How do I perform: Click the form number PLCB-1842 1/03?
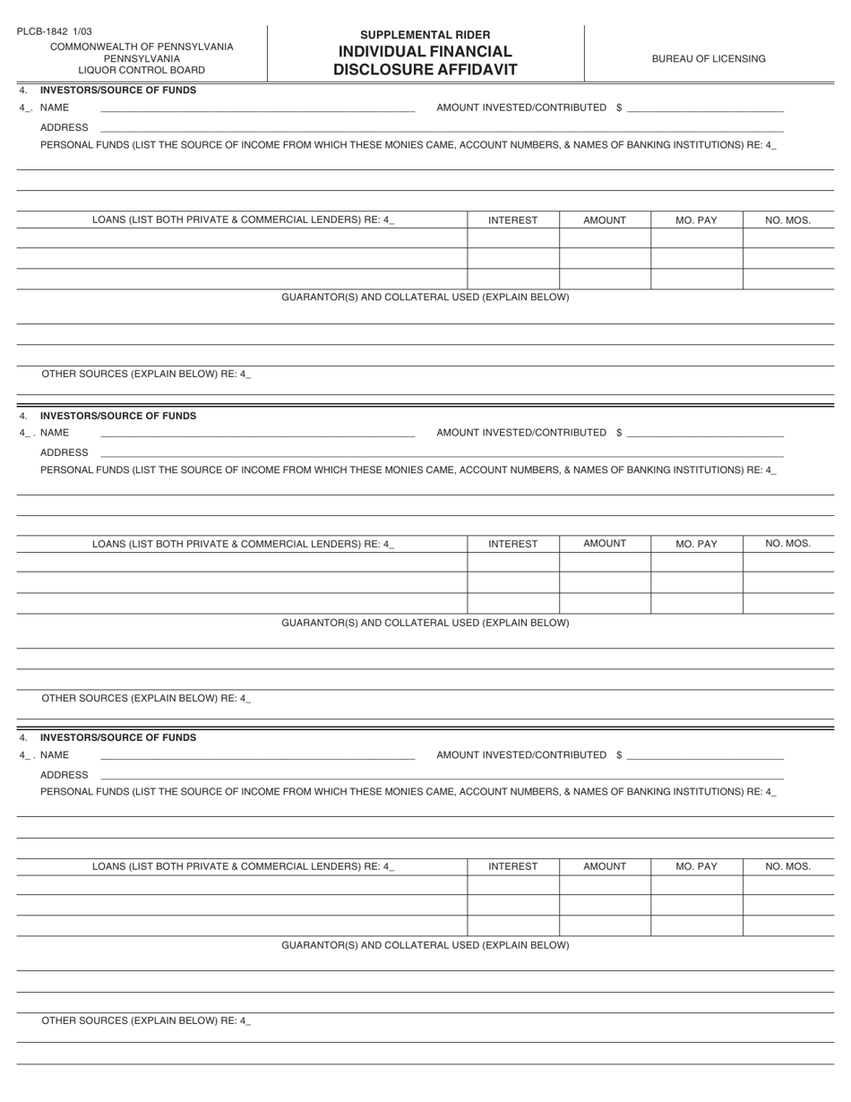coord(54,31)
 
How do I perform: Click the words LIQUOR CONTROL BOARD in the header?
coord(142,70)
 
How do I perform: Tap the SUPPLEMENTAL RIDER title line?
coord(425,35)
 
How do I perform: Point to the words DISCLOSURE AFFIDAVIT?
coord(425,70)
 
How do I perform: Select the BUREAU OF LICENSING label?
coord(709,59)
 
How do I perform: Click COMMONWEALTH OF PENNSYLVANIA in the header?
coord(142,47)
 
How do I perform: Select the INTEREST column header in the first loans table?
coord(513,220)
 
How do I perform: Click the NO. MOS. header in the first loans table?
coord(788,220)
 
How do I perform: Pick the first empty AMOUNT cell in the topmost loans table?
coord(605,238)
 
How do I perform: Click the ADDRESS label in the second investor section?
coord(64,452)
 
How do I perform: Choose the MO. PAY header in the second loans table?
coord(696,544)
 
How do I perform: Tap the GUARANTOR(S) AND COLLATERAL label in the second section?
coord(425,623)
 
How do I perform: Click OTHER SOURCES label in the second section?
coord(146,698)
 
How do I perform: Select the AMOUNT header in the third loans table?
coord(605,866)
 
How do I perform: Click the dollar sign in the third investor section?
coord(619,755)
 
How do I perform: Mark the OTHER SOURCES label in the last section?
coord(146,1020)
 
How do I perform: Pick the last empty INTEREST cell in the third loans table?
coord(513,926)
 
